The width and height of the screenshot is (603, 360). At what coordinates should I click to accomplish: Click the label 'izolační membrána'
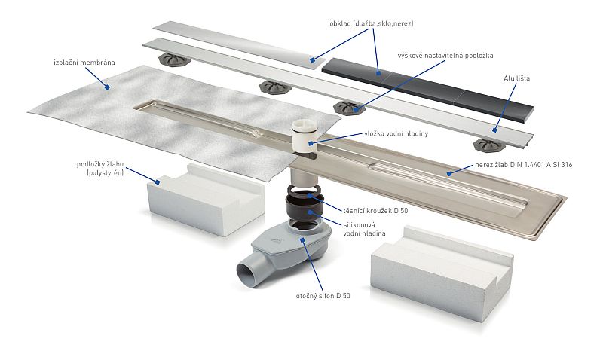coord(84,63)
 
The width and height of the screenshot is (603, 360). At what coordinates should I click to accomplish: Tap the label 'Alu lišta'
coord(517,78)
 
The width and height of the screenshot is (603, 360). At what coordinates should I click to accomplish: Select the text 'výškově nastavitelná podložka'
coord(445,56)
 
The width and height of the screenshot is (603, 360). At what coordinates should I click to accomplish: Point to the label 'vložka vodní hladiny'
coord(396,134)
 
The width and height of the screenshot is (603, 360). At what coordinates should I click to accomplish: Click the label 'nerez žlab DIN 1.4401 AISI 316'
coord(523,165)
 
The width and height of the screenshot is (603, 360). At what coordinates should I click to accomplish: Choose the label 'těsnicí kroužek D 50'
coord(375,211)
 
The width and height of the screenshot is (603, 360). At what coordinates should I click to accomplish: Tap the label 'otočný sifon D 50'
coord(323,296)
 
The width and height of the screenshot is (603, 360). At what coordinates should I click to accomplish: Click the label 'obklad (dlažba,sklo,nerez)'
coord(372,23)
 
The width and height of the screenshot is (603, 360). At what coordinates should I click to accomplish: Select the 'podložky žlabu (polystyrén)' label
coord(100,169)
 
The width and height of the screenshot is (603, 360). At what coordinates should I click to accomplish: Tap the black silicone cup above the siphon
coord(302,206)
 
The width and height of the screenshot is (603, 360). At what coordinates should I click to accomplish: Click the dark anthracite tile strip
coord(427,90)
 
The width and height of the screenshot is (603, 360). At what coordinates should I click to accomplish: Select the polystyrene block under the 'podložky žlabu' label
coord(206,199)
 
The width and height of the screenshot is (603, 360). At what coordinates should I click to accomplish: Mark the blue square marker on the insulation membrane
coord(108,87)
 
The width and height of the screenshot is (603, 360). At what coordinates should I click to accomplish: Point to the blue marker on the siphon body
coord(303,239)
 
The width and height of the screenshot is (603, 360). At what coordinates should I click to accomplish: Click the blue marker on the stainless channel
coord(448,174)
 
